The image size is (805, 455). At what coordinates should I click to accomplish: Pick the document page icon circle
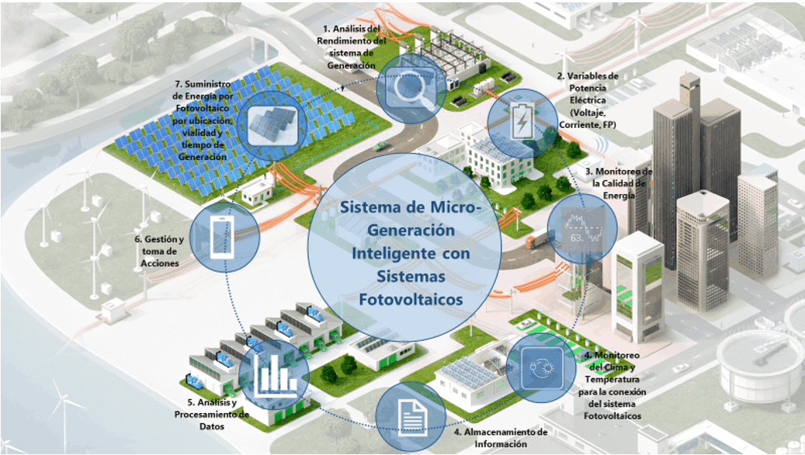(411, 417)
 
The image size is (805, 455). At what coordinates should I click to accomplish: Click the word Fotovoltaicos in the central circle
(410, 299)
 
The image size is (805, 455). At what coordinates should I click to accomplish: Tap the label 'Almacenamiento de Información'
(501, 438)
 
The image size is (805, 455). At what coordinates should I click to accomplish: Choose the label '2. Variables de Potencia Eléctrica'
(587, 99)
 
